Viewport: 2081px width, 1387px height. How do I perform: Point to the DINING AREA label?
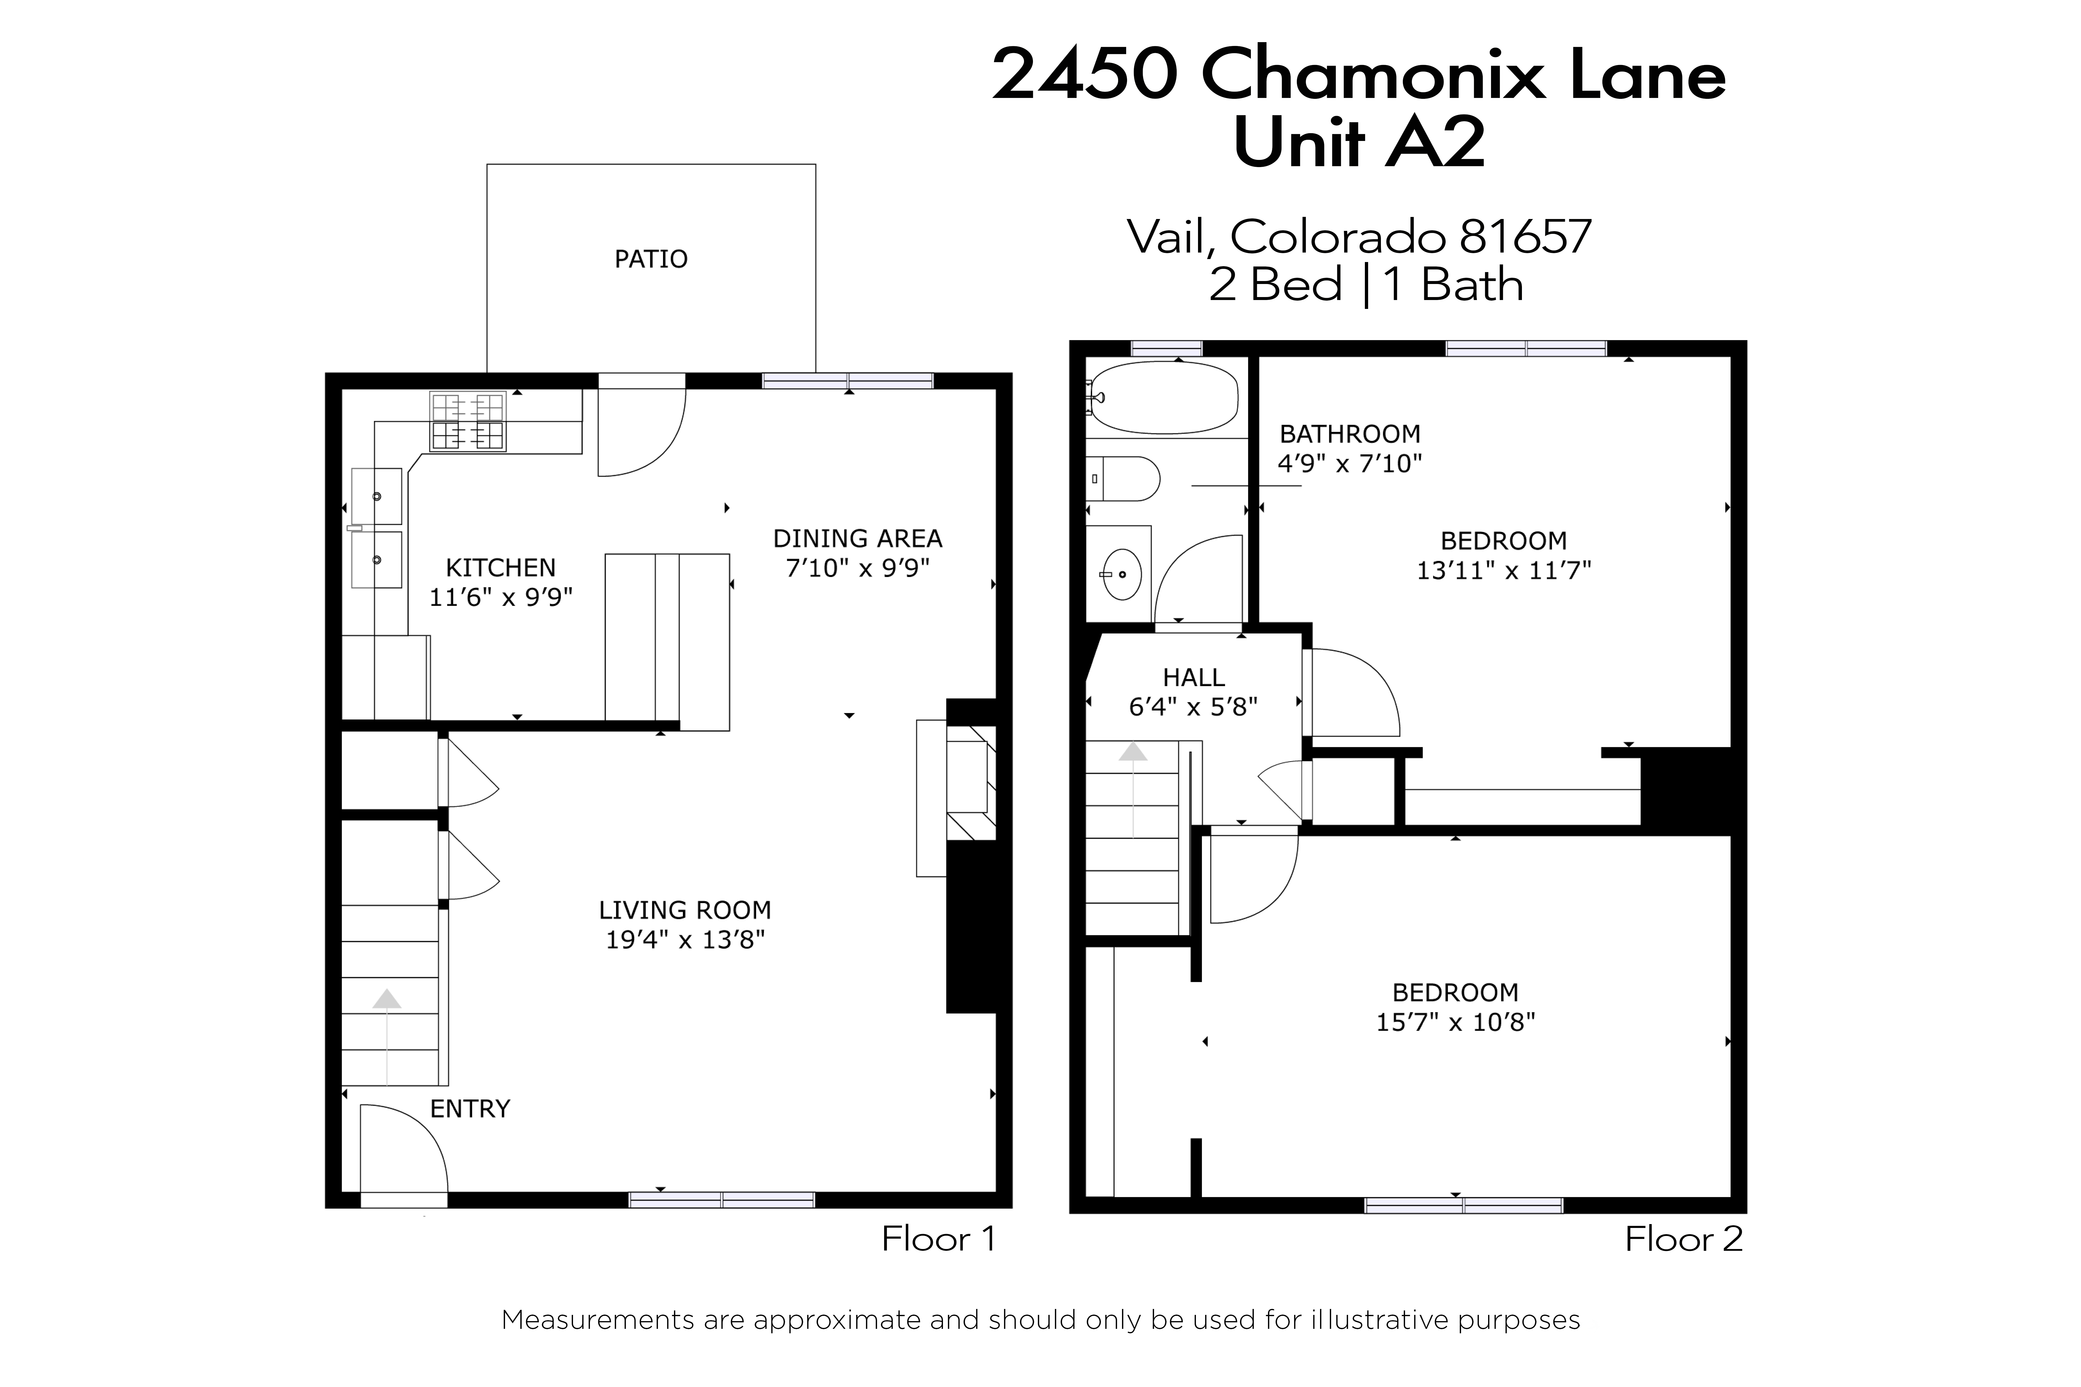[x=857, y=539]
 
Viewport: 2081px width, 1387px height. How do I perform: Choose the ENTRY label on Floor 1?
[x=470, y=1109]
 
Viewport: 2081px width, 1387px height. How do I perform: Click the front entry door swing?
[x=407, y=1150]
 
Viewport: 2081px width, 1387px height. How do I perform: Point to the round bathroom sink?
[x=1122, y=574]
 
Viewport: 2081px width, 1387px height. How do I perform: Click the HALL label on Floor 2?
[x=1194, y=677]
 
